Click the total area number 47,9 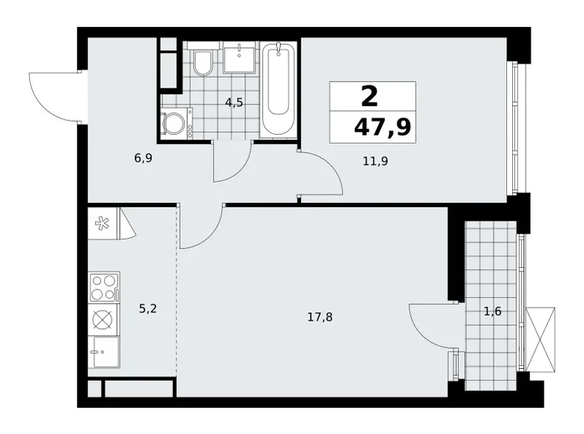[x=382, y=126]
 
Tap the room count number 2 [x=369, y=96]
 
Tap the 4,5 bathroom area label [x=234, y=103]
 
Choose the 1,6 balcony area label [x=492, y=312]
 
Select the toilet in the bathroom [x=203, y=63]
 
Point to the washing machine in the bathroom [x=175, y=123]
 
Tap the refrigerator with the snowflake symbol [x=103, y=224]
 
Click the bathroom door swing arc [x=231, y=163]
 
